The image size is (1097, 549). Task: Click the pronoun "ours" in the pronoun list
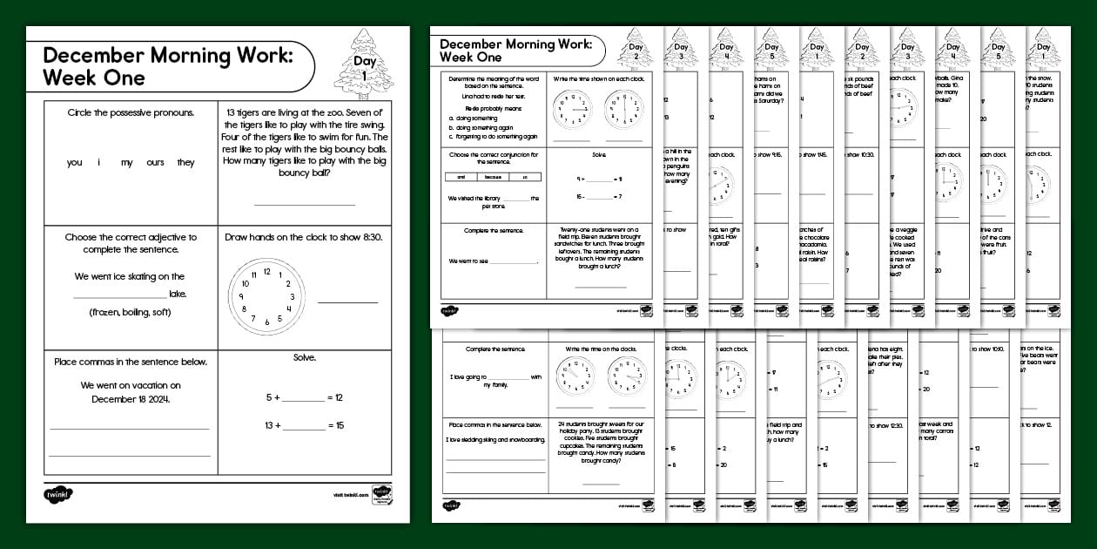(x=155, y=163)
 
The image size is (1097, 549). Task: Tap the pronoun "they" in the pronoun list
(x=186, y=163)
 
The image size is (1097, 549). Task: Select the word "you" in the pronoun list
(x=75, y=163)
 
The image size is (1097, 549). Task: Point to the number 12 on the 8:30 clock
(x=266, y=271)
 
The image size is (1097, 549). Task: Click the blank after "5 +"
(x=303, y=398)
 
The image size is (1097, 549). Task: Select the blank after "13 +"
(x=303, y=426)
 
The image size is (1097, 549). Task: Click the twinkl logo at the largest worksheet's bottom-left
(x=57, y=494)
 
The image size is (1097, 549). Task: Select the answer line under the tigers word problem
(x=305, y=204)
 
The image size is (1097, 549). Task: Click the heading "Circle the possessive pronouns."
(x=131, y=112)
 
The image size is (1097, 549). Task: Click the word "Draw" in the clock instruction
(x=238, y=237)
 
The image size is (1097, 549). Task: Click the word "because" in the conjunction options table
(x=494, y=177)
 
